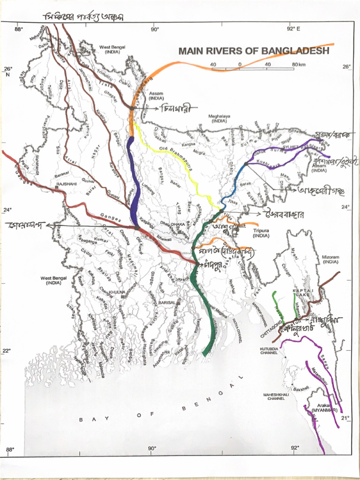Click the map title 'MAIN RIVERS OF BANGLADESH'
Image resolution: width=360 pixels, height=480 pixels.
point(254,51)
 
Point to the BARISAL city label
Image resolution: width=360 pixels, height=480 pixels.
point(166,303)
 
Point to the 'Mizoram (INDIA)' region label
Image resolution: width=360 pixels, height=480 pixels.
point(330,259)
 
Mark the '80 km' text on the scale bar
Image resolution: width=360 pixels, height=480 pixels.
point(299,64)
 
